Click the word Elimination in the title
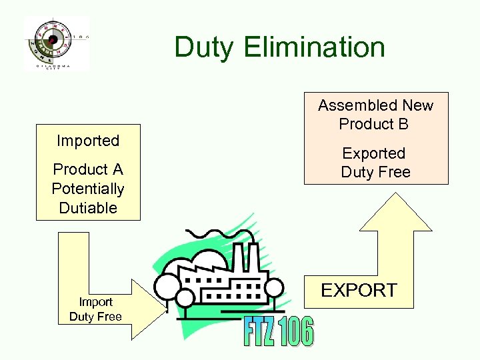(315, 48)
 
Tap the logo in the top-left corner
(56, 43)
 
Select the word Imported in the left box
(88, 141)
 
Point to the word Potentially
(88, 189)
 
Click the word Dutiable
(88, 208)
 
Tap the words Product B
(373, 124)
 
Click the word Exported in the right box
(373, 153)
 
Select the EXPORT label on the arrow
(359, 291)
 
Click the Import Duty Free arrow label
(95, 309)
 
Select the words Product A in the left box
(88, 169)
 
